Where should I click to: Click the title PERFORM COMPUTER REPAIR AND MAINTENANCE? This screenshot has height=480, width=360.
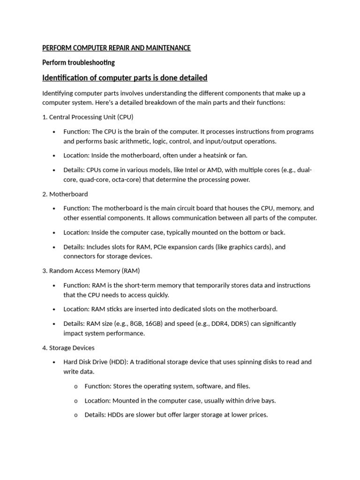pos(116,48)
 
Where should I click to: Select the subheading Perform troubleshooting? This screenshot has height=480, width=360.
pos(78,62)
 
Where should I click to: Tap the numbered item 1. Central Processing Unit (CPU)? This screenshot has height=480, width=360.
pos(88,117)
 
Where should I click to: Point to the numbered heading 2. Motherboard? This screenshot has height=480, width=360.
pos(65,194)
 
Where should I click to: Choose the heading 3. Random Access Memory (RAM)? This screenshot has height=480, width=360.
pos(91,271)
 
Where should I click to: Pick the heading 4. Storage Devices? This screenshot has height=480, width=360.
pos(68,348)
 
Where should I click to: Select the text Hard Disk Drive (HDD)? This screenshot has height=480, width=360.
pos(95,362)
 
